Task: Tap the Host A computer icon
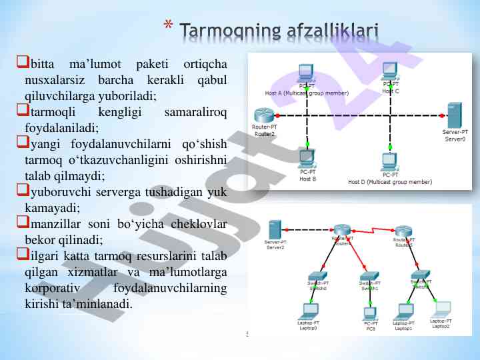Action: (x=306, y=71)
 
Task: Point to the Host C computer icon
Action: (x=390, y=71)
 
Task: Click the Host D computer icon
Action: (x=390, y=161)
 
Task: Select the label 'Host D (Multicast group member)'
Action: (x=390, y=181)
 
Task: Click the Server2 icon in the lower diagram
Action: (x=275, y=229)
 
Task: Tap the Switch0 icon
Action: (x=317, y=276)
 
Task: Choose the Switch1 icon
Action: (x=369, y=276)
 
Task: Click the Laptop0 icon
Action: (x=307, y=311)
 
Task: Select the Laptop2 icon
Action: (x=441, y=309)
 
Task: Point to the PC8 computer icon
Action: (x=370, y=312)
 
